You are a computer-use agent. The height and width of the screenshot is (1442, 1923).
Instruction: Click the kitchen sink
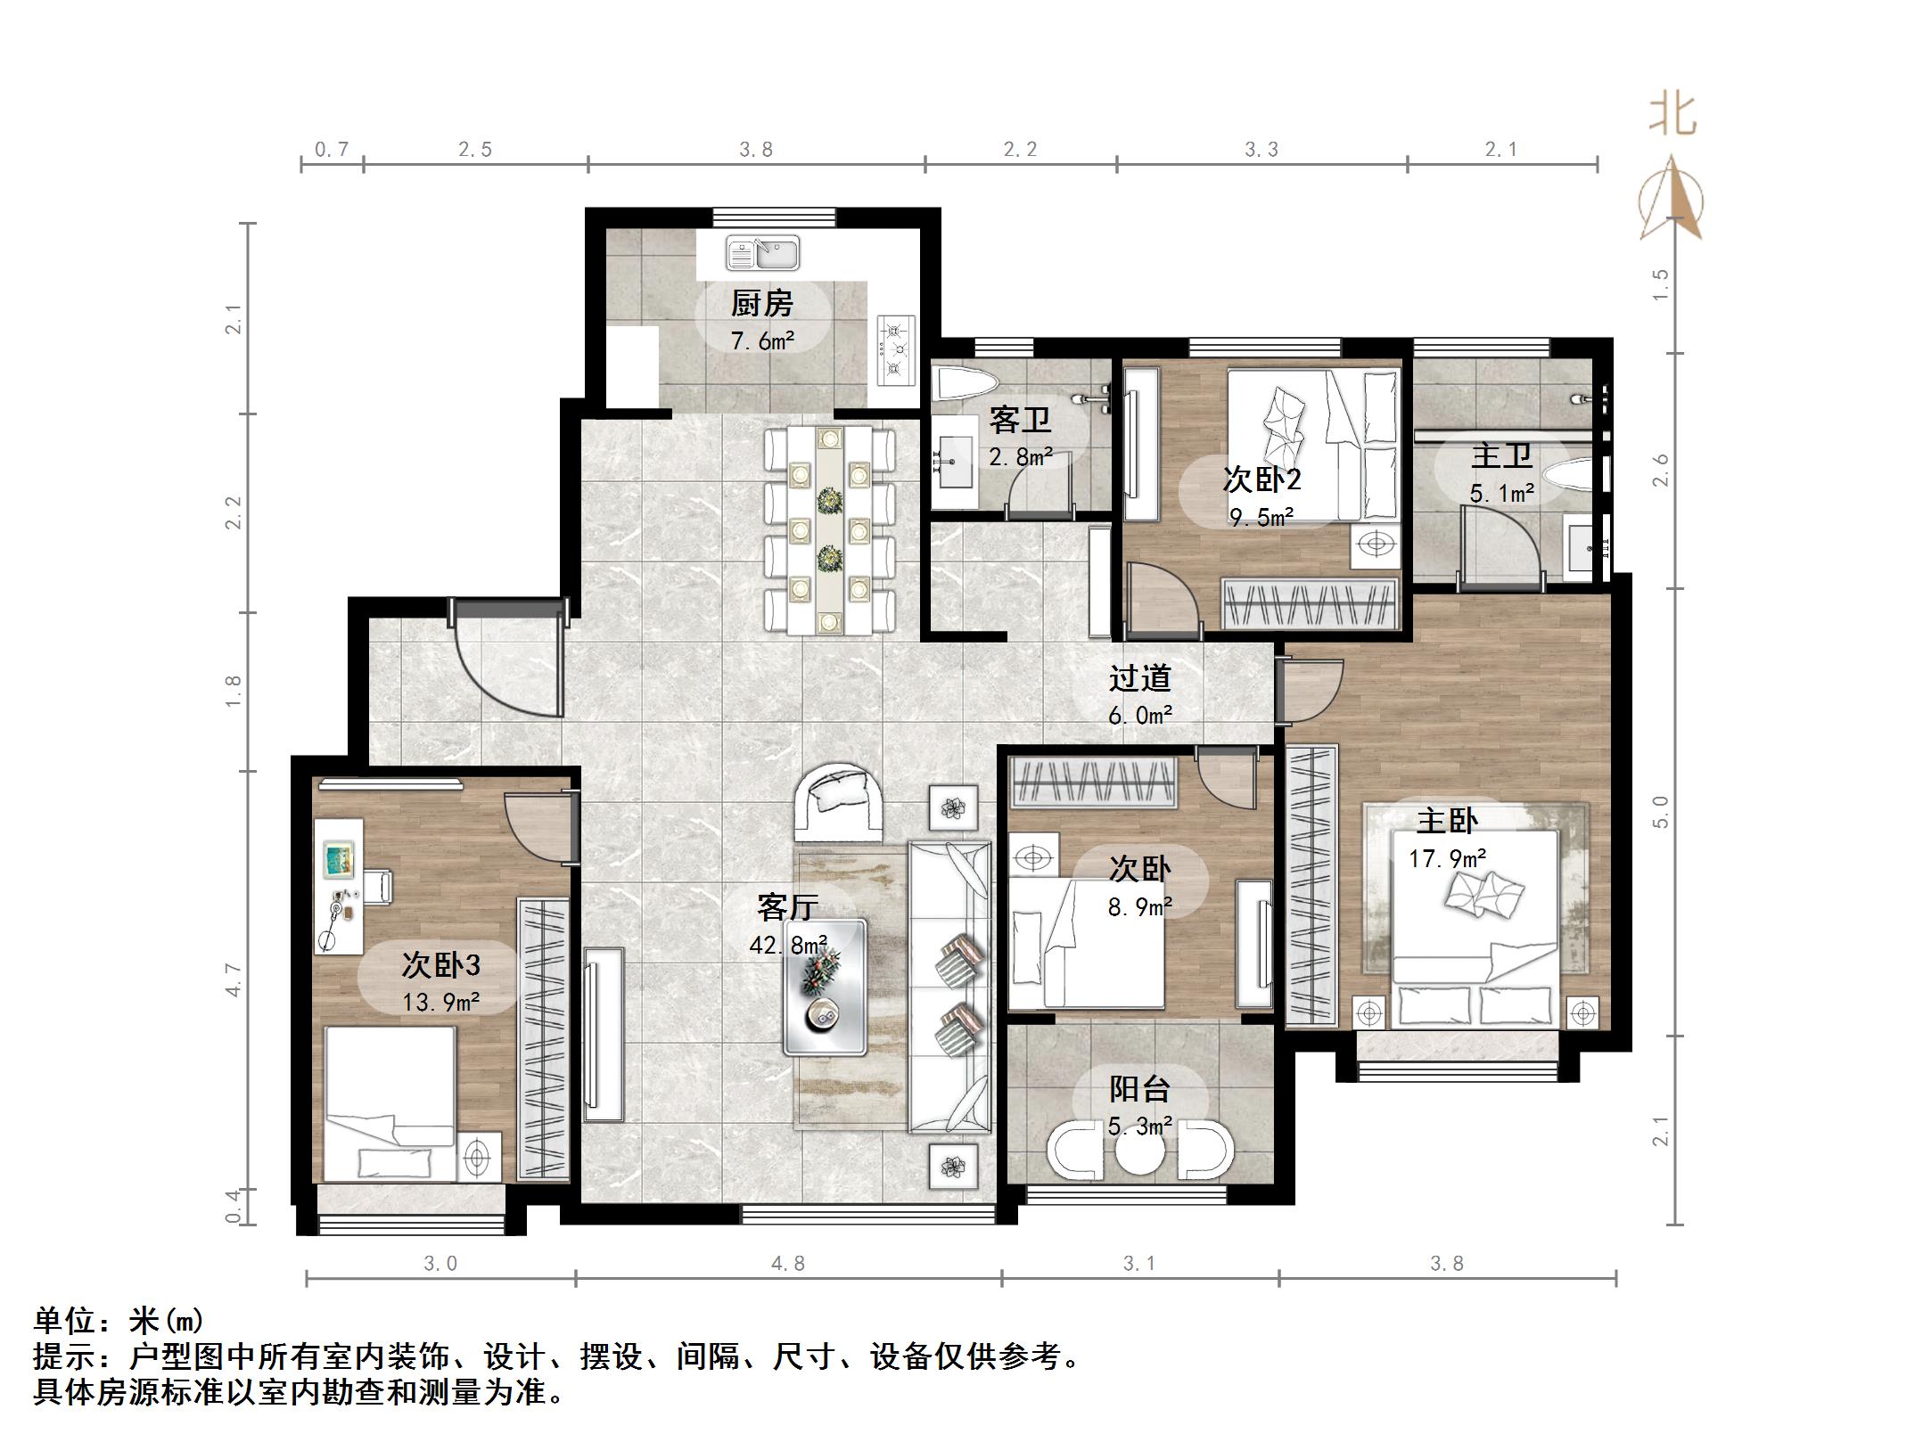click(x=762, y=253)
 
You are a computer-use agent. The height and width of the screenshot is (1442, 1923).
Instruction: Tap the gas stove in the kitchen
click(x=896, y=350)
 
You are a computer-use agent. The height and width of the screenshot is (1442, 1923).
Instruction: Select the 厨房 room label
click(x=762, y=304)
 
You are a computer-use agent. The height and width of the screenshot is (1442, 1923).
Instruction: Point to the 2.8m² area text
click(x=1021, y=457)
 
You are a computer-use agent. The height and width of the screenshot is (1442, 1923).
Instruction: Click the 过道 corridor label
click(x=1139, y=679)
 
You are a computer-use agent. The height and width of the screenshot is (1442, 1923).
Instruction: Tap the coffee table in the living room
click(x=825, y=987)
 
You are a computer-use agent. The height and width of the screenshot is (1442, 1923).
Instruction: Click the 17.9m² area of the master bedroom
click(x=1447, y=858)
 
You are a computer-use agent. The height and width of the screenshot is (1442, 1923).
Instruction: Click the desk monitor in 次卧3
click(x=339, y=858)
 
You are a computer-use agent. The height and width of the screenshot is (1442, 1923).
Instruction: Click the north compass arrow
click(x=1672, y=201)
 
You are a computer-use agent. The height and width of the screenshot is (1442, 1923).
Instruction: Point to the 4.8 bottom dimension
click(x=788, y=1264)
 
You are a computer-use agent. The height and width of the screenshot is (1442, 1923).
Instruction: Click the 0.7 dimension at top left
click(x=332, y=150)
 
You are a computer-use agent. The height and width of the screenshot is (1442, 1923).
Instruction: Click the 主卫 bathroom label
click(x=1501, y=456)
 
